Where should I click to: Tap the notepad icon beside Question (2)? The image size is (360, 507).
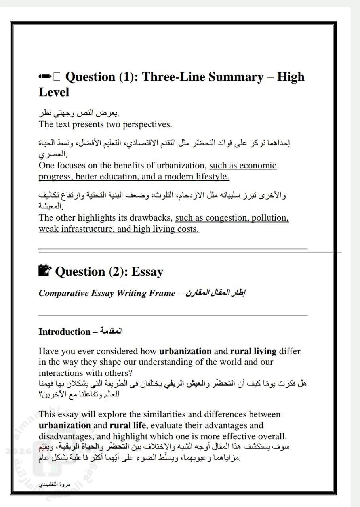[x=46, y=271]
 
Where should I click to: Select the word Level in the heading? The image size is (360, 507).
[x=54, y=92]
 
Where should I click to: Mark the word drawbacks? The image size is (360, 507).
[x=154, y=218]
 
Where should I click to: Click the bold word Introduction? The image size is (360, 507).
[x=64, y=332]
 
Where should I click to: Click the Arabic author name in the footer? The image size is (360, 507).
[x=51, y=484]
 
